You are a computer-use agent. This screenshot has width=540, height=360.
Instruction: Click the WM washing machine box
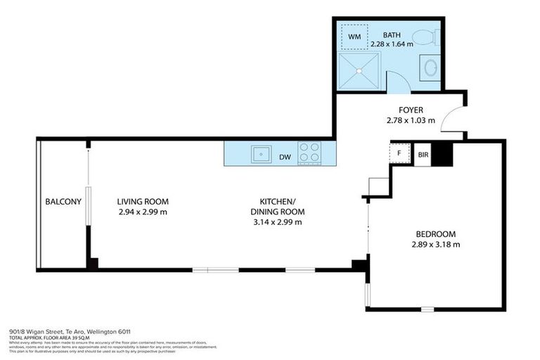click(x=354, y=35)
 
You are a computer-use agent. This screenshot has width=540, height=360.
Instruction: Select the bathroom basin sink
click(x=430, y=68)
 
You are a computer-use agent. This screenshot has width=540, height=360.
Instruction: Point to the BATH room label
click(x=392, y=35)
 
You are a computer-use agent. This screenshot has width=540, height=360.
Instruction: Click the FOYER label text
click(x=411, y=110)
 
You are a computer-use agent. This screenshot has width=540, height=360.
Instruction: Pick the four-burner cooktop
click(x=310, y=153)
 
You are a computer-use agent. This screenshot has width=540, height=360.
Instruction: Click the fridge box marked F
click(x=400, y=153)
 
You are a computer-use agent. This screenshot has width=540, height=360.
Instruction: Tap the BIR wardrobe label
click(x=423, y=153)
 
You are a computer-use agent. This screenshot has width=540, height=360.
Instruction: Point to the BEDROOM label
click(x=435, y=234)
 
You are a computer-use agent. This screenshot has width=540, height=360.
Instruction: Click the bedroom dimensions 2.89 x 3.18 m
click(x=435, y=245)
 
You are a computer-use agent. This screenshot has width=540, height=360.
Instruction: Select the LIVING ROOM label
click(x=143, y=201)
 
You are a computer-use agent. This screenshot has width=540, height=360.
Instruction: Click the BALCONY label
click(x=63, y=202)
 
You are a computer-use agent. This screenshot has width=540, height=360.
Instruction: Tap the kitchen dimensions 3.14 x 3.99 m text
click(x=277, y=222)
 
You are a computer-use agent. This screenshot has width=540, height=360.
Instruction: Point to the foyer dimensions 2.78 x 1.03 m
click(x=411, y=120)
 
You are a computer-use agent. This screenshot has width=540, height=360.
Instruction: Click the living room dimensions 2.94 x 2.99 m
click(x=143, y=212)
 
